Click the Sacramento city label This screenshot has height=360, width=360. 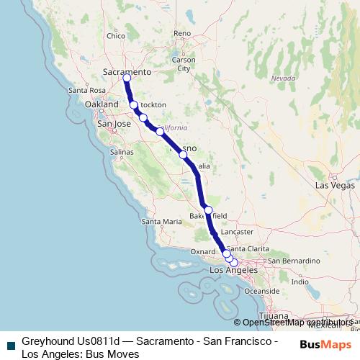tap(127, 72)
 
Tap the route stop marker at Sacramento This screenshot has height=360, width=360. tap(127, 77)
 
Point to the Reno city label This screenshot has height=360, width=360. tap(182, 33)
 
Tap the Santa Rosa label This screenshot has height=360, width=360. tap(87, 90)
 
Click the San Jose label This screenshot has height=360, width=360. tap(114, 124)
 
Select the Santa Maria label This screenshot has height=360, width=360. tap(162, 222)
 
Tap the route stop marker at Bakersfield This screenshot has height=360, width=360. tap(208, 210)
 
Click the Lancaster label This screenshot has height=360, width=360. tap(238, 232)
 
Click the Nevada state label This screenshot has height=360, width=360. tap(284, 77)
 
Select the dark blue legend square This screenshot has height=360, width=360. tap(10, 344)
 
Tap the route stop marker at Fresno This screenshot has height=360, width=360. tap(183, 155)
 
